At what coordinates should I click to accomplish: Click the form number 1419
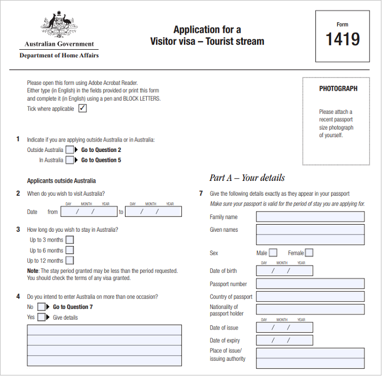click(343, 39)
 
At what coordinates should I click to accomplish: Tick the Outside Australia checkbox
click(70, 150)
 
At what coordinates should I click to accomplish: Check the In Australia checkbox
click(70, 160)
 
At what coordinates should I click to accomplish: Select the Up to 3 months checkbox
click(69, 240)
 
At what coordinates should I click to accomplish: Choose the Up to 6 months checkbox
click(69, 250)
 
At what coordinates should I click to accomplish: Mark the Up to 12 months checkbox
click(69, 261)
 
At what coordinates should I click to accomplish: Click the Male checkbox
click(273, 253)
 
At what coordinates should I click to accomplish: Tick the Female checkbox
click(309, 253)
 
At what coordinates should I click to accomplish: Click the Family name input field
click(310, 217)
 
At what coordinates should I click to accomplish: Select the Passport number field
click(310, 284)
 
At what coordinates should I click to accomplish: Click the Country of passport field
click(310, 297)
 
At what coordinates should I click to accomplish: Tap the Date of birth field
click(284, 271)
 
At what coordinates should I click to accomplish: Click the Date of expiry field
click(284, 340)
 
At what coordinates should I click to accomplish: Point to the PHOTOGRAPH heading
click(338, 89)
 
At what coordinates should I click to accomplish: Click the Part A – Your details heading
click(247, 178)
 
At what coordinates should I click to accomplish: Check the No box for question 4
click(41, 307)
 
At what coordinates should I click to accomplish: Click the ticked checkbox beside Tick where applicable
click(82, 108)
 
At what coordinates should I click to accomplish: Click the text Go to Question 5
click(101, 160)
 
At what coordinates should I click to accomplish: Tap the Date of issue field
click(284, 328)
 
